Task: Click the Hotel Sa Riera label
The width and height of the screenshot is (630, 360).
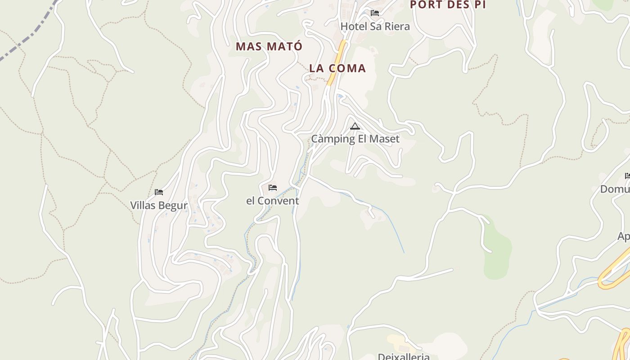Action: pyautogui.click(x=375, y=27)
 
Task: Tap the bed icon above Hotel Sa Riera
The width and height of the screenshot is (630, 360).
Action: pyautogui.click(x=375, y=13)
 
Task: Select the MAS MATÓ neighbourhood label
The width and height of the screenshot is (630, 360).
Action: pyautogui.click(x=269, y=46)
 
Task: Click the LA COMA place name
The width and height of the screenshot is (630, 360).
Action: pyautogui.click(x=337, y=68)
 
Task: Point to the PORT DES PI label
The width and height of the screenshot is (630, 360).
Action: pyautogui.click(x=448, y=5)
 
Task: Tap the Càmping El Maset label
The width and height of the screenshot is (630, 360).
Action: pyautogui.click(x=355, y=139)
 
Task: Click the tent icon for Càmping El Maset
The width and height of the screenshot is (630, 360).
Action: pyautogui.click(x=355, y=126)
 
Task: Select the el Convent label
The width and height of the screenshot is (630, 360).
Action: pyautogui.click(x=272, y=201)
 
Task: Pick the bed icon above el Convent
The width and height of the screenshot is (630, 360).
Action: pyautogui.click(x=272, y=188)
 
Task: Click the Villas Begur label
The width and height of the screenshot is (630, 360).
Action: pyautogui.click(x=158, y=206)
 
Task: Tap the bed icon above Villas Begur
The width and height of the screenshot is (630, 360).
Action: pyautogui.click(x=158, y=192)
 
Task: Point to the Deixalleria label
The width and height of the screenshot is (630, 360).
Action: pyautogui.click(x=403, y=356)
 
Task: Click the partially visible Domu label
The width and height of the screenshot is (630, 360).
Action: pyautogui.click(x=615, y=189)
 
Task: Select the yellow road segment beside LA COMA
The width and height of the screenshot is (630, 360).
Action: pyautogui.click(x=337, y=58)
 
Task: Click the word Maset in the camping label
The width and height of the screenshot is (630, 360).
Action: pyautogui.click(x=385, y=139)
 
